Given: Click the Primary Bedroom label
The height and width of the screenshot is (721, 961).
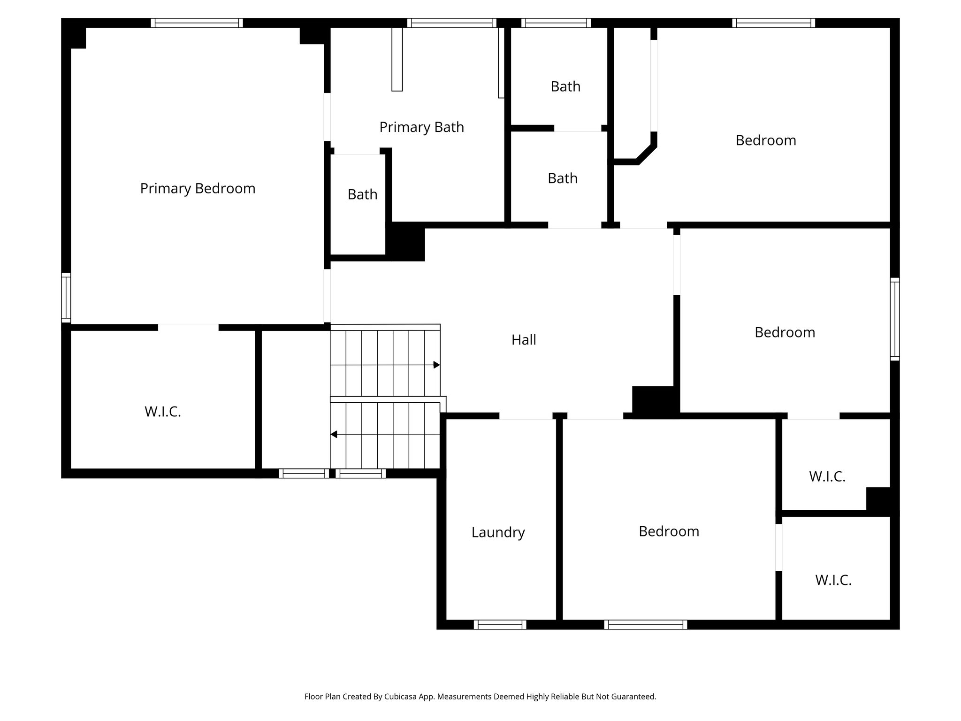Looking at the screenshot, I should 198,189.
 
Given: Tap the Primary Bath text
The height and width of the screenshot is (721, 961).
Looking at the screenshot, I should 421,127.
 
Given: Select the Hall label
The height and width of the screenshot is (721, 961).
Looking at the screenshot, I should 523,340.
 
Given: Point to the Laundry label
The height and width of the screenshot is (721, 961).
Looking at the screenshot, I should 498,532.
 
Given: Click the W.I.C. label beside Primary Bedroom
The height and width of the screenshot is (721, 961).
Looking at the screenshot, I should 162,412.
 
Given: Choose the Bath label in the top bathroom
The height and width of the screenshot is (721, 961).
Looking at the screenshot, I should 565,87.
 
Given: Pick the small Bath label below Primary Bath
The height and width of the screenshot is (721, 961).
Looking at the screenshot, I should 362,194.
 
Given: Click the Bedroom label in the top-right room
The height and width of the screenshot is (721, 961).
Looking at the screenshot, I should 765,140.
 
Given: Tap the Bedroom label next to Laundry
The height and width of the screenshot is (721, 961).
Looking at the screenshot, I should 669,531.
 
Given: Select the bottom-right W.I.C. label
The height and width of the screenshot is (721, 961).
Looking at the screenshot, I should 833,580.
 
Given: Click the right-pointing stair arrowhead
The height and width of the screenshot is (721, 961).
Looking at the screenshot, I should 436,365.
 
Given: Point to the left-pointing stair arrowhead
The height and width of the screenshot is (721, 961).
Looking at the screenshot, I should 334,435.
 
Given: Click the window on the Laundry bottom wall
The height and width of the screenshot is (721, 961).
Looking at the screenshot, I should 500,624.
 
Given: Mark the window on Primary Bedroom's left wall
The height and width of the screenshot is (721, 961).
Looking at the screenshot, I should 66,298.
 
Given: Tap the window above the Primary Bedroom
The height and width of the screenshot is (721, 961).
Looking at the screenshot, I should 197,23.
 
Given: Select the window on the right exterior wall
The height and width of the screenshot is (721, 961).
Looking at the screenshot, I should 895,319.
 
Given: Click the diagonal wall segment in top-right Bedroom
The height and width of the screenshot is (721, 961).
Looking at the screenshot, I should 646,154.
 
